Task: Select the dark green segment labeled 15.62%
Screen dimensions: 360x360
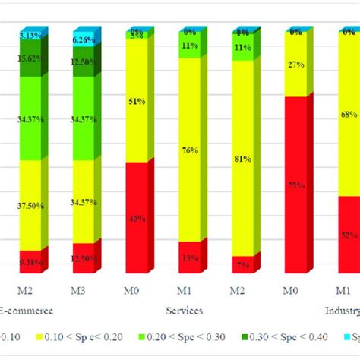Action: coord(30,58)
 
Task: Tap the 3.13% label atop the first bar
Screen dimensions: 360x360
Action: coord(31,35)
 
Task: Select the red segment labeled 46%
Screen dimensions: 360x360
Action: coord(136,218)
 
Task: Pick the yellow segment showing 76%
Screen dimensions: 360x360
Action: coord(189,150)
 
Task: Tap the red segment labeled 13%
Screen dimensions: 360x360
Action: coord(189,257)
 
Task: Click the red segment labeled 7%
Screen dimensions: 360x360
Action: coord(242,264)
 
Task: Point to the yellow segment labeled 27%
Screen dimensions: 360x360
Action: coord(295,65)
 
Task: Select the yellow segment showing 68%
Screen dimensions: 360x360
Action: coord(349,115)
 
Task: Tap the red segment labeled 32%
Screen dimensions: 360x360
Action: coord(349,235)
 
